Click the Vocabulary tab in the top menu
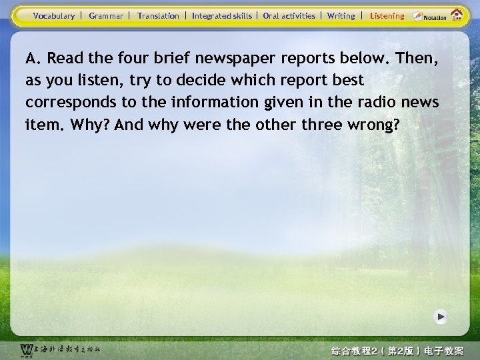[54, 15]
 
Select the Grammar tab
[106, 15]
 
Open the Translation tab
[158, 15]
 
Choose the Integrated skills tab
[222, 15]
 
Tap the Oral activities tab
[289, 15]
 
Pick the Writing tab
[341, 15]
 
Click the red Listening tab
[387, 15]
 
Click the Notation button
[430, 16]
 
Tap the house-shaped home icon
[457, 15]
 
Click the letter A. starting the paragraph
[33, 58]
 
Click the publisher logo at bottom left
[60, 349]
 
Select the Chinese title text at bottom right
[397, 350]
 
